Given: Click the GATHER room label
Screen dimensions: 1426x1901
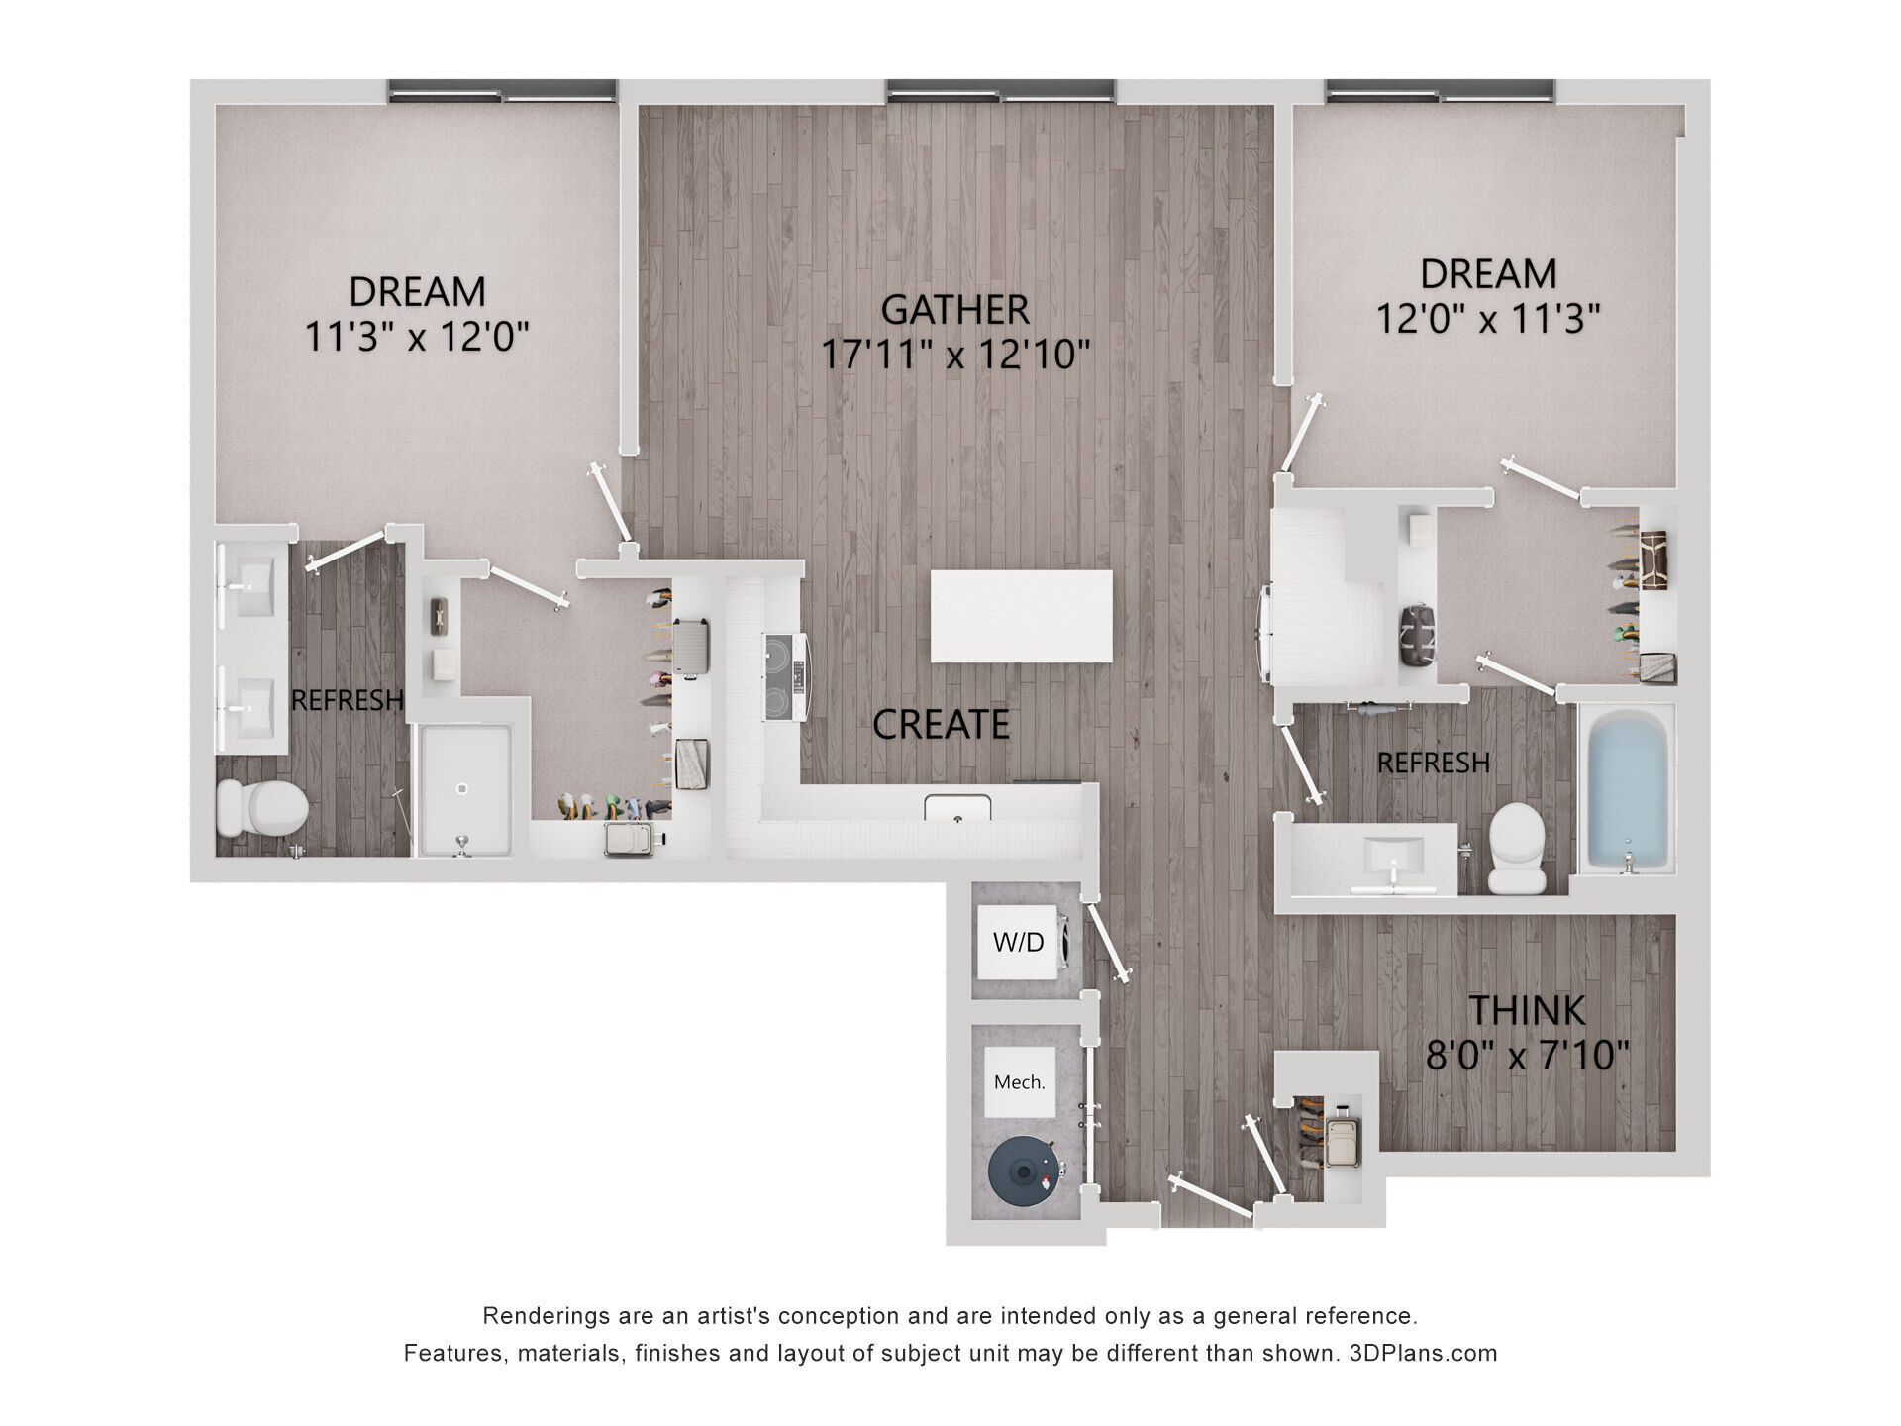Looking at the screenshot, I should (x=954, y=310).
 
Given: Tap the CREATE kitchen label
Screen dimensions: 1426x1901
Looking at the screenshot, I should (x=941, y=725).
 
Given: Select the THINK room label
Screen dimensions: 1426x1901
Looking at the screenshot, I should (x=1527, y=1010).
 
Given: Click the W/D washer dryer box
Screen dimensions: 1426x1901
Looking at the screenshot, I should (x=1019, y=942).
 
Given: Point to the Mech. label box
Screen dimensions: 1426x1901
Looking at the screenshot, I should (x=1019, y=1082).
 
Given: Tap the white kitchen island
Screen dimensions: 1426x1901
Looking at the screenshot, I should (x=1021, y=616).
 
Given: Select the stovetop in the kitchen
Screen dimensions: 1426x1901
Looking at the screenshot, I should (x=788, y=677).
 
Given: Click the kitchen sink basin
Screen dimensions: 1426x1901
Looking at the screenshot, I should (x=957, y=809).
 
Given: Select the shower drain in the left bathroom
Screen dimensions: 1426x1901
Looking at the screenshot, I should (x=461, y=789).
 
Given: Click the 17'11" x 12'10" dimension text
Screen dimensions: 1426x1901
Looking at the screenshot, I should (x=955, y=354).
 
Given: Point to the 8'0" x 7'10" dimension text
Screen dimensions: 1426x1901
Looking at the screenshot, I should (x=1527, y=1056).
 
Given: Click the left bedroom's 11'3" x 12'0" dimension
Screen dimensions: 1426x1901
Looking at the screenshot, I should (x=416, y=338).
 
